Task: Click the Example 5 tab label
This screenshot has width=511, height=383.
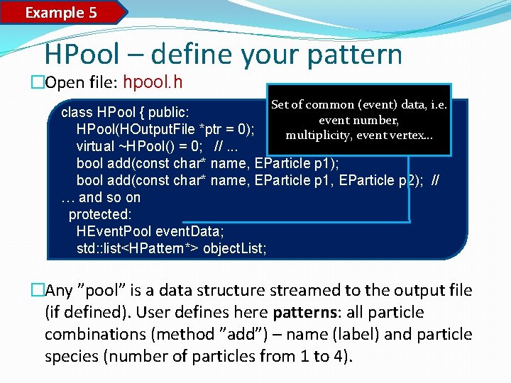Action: (x=61, y=12)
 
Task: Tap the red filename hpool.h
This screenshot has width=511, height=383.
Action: (x=153, y=82)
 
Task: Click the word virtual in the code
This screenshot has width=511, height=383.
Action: (x=96, y=146)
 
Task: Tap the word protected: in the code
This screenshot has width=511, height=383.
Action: (x=100, y=214)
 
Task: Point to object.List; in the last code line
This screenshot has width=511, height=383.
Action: (x=234, y=248)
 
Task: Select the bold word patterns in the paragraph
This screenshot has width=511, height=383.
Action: (x=312, y=312)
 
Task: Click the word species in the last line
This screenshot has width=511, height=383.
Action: (x=70, y=356)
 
